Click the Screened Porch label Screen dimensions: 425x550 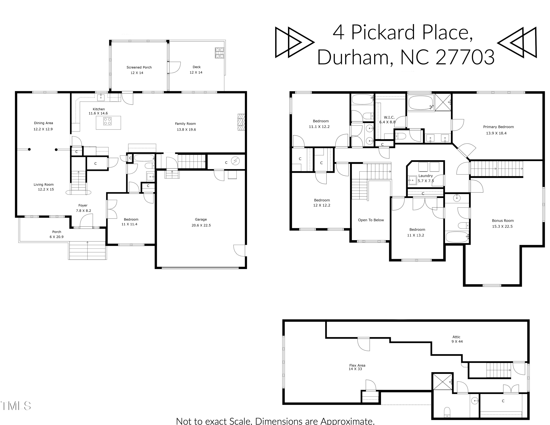coord(139,67)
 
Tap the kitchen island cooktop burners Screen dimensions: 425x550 coord(108,121)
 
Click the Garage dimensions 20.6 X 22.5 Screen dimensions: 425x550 coord(201,225)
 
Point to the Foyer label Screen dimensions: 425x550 coord(83,206)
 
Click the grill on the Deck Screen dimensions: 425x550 coord(219,53)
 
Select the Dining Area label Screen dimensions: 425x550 coord(43,123)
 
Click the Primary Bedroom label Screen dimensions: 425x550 coord(498,127)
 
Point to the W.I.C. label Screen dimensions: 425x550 coord(389,117)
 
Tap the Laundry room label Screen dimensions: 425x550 coord(425,176)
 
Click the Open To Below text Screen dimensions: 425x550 coord(371,220)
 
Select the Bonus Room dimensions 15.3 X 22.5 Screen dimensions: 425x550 coord(502,226)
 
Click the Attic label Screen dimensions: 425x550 coord(456,337)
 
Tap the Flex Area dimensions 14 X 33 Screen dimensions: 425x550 coord(355,369)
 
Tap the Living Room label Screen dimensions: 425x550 coord(44,185)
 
